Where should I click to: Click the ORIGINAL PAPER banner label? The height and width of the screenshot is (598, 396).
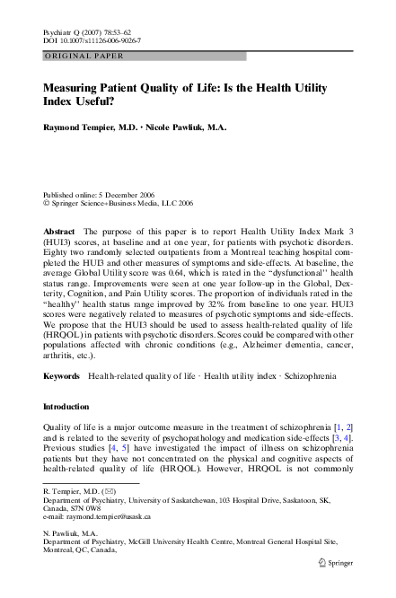click(x=77, y=57)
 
